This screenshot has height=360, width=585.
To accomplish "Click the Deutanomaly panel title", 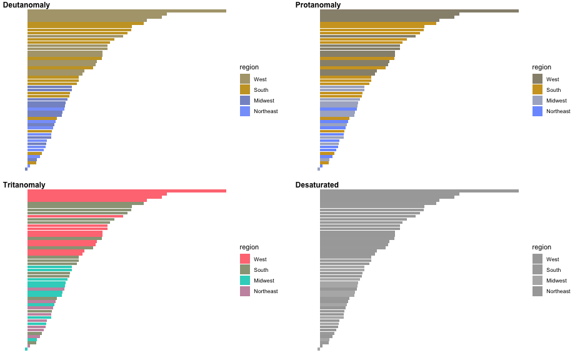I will coord(26,5).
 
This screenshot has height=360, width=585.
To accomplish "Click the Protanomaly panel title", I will coord(318,5).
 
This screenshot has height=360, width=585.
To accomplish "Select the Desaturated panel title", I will coord(317,185).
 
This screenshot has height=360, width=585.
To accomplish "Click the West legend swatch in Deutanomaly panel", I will coord(245,79).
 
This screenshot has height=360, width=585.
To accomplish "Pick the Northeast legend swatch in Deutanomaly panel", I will coord(245,111).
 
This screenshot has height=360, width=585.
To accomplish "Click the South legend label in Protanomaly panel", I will coord(553,90).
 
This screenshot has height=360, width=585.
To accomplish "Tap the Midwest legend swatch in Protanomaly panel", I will coord(537,101).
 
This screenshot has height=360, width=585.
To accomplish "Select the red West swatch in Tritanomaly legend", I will coord(245,259).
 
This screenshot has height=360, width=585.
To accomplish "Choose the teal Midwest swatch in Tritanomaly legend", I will coord(245,281).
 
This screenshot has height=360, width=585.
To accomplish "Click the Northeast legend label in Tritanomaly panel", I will coord(266,291).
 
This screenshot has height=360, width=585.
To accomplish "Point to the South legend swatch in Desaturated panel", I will coord(537,270).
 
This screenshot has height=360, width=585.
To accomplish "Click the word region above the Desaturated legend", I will coord(541,247).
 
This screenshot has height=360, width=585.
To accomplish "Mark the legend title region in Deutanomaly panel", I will coord(249,67).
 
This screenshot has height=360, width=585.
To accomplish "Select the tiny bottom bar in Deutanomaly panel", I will coord(26,169).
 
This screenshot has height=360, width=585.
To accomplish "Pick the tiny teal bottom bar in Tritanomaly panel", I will coord(26,349).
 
